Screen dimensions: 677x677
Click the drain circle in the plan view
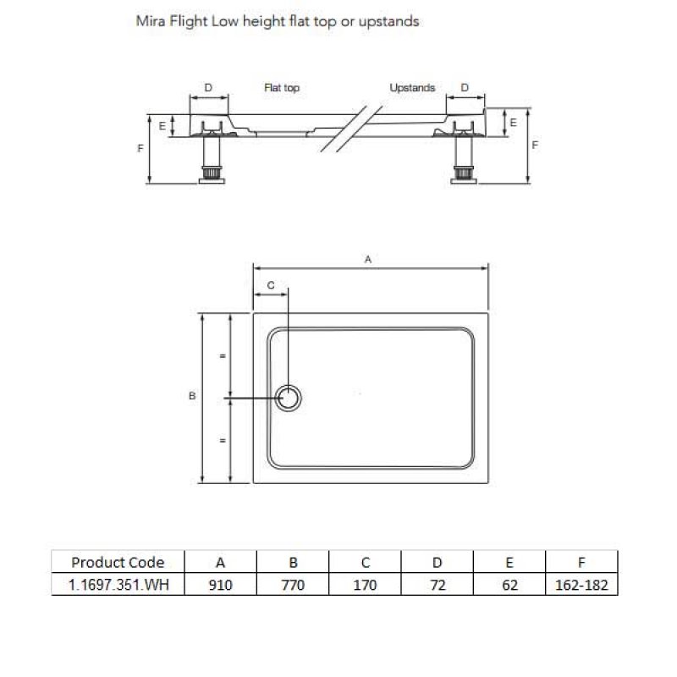click(289, 398)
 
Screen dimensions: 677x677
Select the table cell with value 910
click(221, 585)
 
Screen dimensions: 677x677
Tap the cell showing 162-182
click(581, 585)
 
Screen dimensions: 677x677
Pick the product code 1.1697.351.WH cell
click(118, 585)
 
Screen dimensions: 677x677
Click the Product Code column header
click(118, 562)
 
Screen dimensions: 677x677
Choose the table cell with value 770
click(293, 585)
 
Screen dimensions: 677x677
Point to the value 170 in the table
click(365, 585)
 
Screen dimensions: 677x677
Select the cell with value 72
click(437, 585)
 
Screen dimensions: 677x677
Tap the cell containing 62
click(509, 585)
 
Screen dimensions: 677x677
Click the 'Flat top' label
click(282, 88)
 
